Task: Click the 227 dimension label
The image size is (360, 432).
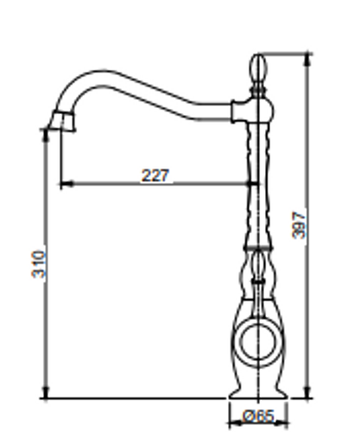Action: point(155,175)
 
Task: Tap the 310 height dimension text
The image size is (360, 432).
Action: point(39,264)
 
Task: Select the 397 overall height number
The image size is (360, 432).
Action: point(299,226)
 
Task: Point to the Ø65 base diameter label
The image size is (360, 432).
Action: point(258,416)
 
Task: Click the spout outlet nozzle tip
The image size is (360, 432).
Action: point(64,121)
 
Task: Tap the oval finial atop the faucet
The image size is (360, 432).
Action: point(259,68)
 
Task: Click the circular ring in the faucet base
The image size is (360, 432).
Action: point(259,342)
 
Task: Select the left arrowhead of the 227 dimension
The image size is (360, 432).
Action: point(66,183)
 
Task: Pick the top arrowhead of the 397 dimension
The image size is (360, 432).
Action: point(308,60)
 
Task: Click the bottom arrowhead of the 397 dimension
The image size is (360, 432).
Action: point(308,391)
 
